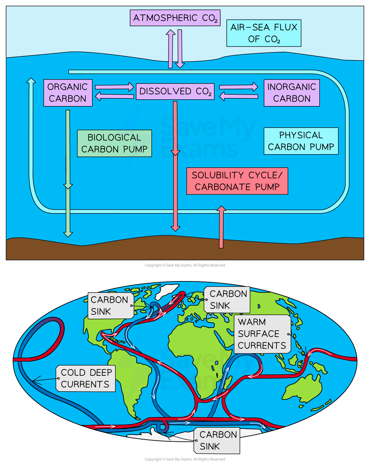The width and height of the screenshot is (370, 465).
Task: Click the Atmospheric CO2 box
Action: tap(175, 18)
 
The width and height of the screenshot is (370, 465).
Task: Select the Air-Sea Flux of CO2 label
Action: tap(264, 33)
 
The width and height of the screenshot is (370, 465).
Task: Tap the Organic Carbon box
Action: tap(68, 93)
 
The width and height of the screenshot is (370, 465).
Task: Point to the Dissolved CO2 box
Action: tap(175, 91)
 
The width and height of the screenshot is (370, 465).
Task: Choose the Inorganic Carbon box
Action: tap(292, 93)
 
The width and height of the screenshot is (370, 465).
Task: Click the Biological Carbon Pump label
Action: tap(114, 143)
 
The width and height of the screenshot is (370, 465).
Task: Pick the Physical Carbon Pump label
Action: tap(301, 141)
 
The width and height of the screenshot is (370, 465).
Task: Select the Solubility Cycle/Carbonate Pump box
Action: tap(237, 181)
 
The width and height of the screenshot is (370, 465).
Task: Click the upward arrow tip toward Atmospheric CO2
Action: tap(171, 30)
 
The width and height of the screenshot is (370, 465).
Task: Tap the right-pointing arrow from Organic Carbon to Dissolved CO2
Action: tap(114, 87)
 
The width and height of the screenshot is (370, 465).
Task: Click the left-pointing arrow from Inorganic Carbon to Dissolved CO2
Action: tap(238, 96)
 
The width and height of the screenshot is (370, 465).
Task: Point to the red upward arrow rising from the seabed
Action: tap(221, 227)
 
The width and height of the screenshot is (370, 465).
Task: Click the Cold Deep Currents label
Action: tap(85, 378)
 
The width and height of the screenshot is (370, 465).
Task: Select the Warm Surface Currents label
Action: tap(262, 334)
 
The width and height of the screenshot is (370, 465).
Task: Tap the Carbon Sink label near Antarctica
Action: tap(217, 440)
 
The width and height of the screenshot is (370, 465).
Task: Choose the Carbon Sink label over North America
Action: tap(111, 305)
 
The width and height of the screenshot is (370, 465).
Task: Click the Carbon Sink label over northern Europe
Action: tap(227, 300)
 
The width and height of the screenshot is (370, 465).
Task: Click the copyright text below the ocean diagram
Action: tap(185, 265)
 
